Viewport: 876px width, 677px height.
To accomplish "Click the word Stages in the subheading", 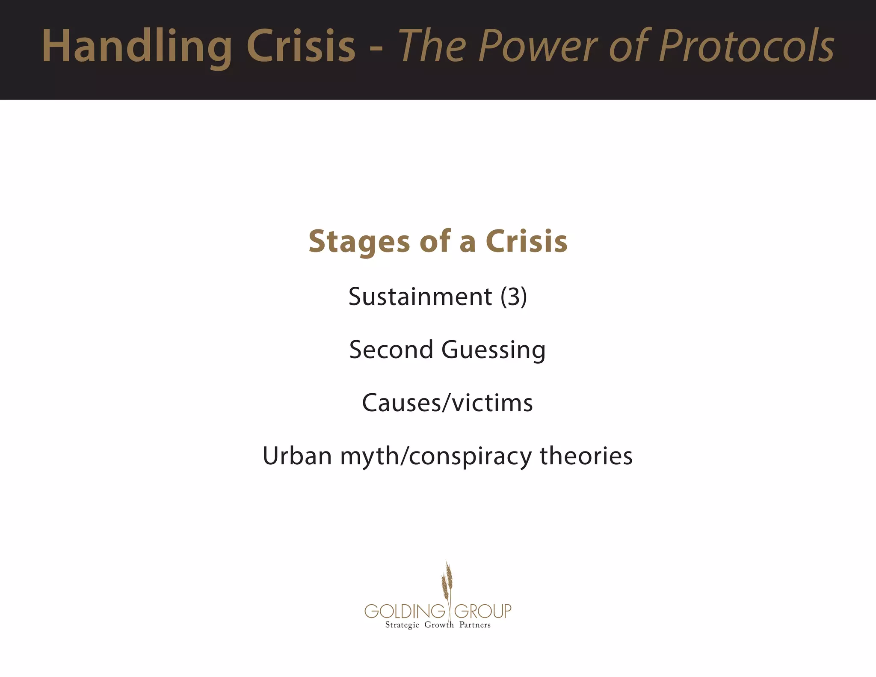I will pos(358,242).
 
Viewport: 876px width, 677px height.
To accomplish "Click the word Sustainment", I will pos(420,296).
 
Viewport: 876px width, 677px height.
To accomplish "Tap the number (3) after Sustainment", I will pos(514,296).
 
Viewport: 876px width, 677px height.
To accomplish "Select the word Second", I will pos(391,349).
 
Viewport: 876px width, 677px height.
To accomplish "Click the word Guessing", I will pos(493,350).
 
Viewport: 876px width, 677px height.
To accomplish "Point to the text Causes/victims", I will pos(447,403).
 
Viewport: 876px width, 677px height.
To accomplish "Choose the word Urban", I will pos(297,455).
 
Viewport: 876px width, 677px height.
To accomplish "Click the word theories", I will pos(586,455).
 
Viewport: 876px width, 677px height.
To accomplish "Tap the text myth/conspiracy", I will pos(435,456).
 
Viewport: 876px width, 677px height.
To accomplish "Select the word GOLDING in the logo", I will pos(405,611).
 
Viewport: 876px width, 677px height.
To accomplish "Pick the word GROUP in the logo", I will pos(482,611).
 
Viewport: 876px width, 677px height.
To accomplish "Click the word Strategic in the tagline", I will pos(402,625).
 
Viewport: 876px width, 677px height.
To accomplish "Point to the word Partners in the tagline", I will pos(475,625).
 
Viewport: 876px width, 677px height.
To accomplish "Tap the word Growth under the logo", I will pos(439,625).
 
